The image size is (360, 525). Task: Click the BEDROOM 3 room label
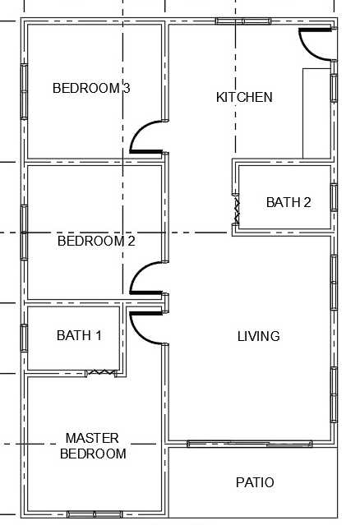[x=91, y=88]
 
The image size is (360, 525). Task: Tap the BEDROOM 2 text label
[x=96, y=241]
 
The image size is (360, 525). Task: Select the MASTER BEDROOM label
[x=93, y=445]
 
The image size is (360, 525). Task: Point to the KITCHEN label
[x=244, y=97]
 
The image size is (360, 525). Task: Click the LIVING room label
[x=259, y=336]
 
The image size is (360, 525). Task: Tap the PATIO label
[x=255, y=482]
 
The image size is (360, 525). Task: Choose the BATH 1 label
[x=79, y=335]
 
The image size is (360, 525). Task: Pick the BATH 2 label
[x=288, y=202]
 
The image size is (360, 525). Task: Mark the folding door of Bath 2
[x=237, y=211]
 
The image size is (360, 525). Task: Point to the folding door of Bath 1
[x=101, y=372]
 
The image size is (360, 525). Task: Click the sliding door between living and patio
[x=250, y=444]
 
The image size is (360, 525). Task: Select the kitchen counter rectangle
[x=316, y=113]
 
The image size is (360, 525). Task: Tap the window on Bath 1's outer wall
[x=24, y=338]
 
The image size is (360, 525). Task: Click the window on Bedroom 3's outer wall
[x=24, y=91]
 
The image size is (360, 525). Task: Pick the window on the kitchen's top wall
[x=242, y=21]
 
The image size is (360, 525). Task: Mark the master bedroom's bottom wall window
[x=95, y=514]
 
